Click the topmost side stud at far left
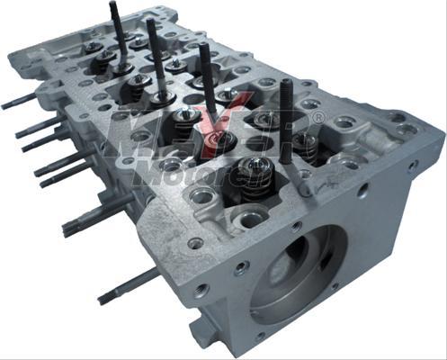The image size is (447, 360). point(18,101)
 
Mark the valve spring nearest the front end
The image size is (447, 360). point(254,171)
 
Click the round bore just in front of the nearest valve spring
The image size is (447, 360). point(251,216)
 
